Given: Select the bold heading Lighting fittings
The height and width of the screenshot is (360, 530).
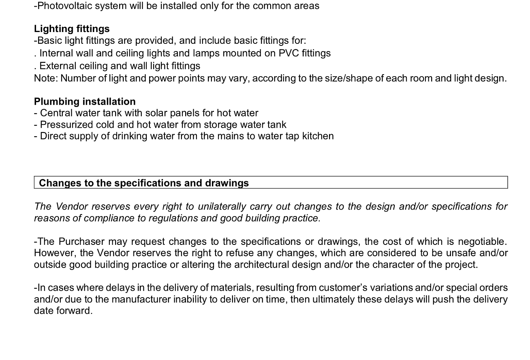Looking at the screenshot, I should click(x=72, y=29).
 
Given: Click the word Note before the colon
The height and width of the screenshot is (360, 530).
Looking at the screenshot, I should click(x=45, y=78).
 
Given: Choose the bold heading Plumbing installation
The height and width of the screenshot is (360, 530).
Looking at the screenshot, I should click(x=85, y=101).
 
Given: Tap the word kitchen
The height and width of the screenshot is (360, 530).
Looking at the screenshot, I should click(x=318, y=136).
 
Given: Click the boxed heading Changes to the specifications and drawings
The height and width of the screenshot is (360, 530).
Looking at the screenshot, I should click(x=144, y=183).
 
